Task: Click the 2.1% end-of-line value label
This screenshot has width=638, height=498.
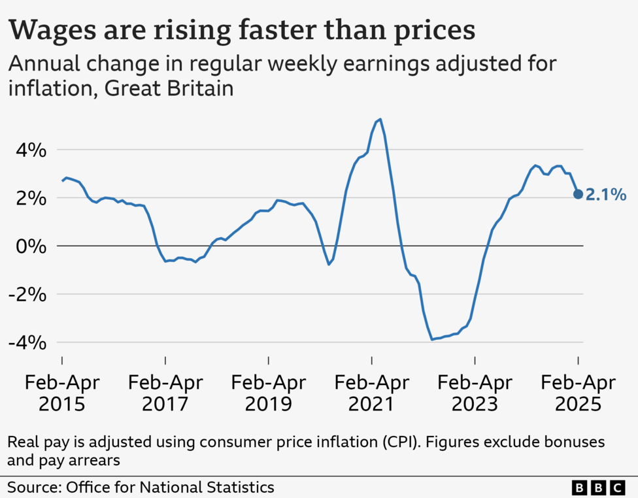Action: pos(606,194)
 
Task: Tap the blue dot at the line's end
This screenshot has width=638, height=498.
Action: pos(578,194)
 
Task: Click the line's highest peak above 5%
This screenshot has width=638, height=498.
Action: pos(380,120)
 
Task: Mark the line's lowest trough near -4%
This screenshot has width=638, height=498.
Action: pos(432,339)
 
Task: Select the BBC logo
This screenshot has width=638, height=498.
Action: pos(598,488)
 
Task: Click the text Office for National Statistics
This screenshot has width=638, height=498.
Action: pos(169,487)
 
